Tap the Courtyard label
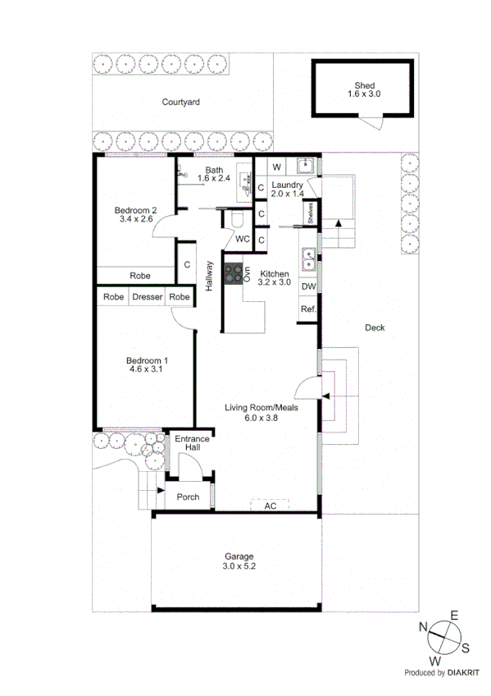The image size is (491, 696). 180,103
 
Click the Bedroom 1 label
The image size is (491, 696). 147,361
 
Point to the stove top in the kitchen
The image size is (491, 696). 233,272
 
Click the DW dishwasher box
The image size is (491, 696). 308,286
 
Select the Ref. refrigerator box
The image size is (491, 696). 308,309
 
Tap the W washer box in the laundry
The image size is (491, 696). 277,167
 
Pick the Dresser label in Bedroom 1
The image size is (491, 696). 148,297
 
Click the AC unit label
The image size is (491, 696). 270,506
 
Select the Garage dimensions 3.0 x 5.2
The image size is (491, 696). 235,566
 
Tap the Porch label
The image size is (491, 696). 188,497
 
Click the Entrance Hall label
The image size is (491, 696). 192,444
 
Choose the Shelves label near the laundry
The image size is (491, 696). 311,214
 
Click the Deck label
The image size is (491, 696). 375,327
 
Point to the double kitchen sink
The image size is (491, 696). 309,259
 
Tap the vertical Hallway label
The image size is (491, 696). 210,276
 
